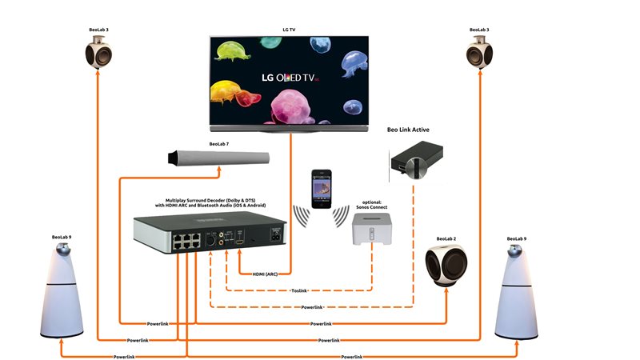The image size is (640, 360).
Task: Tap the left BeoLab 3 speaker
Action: click(x=98, y=54)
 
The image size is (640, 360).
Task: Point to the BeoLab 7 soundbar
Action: click(x=217, y=158)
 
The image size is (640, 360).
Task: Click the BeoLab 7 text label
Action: click(x=218, y=144)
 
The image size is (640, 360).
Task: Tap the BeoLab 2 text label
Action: click(x=446, y=239)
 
